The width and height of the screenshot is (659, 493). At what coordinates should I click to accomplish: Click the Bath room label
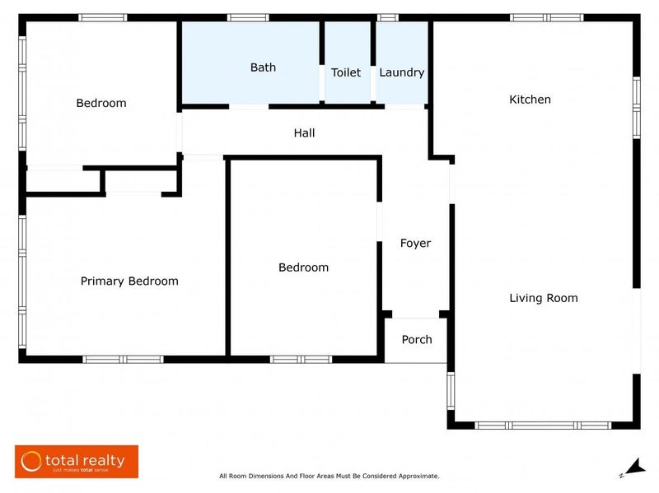(263, 67)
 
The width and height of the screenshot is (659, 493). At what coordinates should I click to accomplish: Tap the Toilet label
(346, 72)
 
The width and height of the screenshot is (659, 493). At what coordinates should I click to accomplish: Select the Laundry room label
(402, 72)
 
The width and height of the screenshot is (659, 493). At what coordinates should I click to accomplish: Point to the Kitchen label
(530, 100)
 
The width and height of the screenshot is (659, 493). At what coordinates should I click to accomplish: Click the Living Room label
(543, 298)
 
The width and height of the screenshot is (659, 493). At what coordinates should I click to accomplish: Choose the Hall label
(304, 133)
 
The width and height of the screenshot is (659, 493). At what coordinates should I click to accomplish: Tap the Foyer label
(415, 243)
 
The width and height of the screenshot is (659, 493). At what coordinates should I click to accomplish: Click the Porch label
(416, 339)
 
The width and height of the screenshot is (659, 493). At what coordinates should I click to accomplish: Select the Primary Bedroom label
(129, 281)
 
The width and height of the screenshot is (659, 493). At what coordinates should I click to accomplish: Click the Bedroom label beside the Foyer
(303, 267)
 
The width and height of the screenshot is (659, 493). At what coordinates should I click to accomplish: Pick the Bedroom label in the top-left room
(101, 103)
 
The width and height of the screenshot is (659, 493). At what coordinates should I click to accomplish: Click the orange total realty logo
(77, 462)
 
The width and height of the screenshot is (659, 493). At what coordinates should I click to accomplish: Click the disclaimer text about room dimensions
(329, 476)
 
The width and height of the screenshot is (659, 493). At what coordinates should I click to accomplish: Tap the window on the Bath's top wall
(248, 17)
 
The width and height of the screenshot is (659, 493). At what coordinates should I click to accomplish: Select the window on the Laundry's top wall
(387, 17)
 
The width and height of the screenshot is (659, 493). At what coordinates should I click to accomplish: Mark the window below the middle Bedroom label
(301, 359)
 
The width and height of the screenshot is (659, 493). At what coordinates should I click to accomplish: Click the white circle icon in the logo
(31, 462)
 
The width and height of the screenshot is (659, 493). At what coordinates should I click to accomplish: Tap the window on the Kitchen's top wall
(546, 17)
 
